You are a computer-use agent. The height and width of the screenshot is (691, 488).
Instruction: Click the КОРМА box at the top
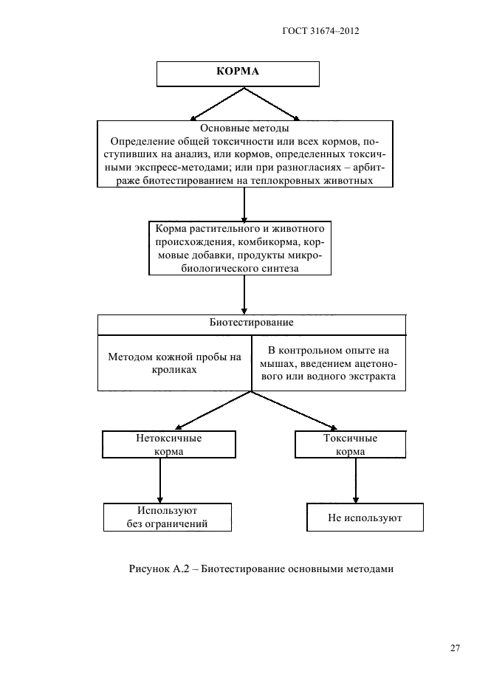[x=237, y=73]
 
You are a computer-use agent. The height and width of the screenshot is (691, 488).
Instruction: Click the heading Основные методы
[x=244, y=128]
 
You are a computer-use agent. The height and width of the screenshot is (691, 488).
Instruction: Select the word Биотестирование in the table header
[x=252, y=323]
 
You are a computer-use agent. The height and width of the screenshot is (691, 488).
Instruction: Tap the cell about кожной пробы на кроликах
[x=174, y=362]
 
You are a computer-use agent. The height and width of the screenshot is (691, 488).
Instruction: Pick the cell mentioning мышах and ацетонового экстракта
[x=329, y=362]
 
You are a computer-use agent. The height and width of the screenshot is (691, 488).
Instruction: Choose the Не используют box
[x=365, y=518]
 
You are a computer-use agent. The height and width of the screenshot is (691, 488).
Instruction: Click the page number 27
[x=455, y=648]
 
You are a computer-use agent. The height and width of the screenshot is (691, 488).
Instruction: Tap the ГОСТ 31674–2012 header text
[x=320, y=31]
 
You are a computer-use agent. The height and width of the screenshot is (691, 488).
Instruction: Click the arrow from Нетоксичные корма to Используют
[x=160, y=481]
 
